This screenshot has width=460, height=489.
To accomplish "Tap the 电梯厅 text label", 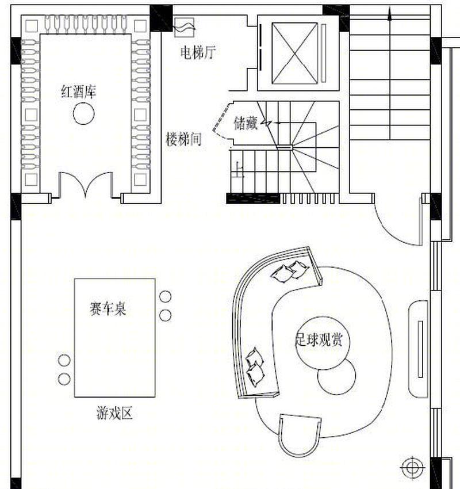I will tap(197, 53).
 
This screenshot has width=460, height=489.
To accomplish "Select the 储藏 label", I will tap(246, 123).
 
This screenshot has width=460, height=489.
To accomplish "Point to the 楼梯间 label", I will tap(183, 139).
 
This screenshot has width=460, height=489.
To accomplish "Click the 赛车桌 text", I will tap(108, 308).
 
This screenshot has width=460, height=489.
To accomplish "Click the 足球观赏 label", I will tap(319, 339).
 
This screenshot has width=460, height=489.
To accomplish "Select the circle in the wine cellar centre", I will tap(84, 114).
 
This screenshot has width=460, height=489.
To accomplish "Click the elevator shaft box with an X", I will tap(295, 54).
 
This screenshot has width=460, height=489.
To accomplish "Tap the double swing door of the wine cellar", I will tap(86, 185).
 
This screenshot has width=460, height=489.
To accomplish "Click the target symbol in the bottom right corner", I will tap(412, 467).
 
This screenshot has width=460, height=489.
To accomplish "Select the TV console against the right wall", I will tap(419, 348).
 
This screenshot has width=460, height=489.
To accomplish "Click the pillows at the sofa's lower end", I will tap(254, 366).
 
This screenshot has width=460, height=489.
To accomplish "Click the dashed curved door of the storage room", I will tap(218, 121).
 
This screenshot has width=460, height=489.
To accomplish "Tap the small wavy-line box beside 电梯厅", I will tap(185, 26).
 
